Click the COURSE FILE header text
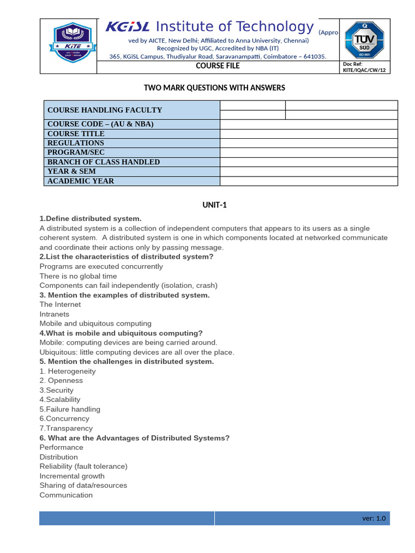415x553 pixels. (x=218, y=66)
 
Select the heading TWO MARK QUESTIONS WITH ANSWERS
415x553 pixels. (x=213, y=87)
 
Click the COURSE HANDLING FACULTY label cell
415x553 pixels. (x=105, y=110)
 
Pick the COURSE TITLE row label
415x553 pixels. (x=76, y=133)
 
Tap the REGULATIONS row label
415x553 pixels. (x=76, y=143)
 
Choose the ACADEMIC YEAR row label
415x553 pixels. (x=81, y=181)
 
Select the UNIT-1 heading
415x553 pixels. (x=213, y=205)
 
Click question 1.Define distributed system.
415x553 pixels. (x=90, y=219)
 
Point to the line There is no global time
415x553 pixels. (x=78, y=276)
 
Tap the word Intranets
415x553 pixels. (x=54, y=314)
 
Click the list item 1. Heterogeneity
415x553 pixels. (x=68, y=371)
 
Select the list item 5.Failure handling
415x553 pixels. (x=70, y=409)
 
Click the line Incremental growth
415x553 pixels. (x=72, y=476)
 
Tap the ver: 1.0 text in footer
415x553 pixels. (x=374, y=518)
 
